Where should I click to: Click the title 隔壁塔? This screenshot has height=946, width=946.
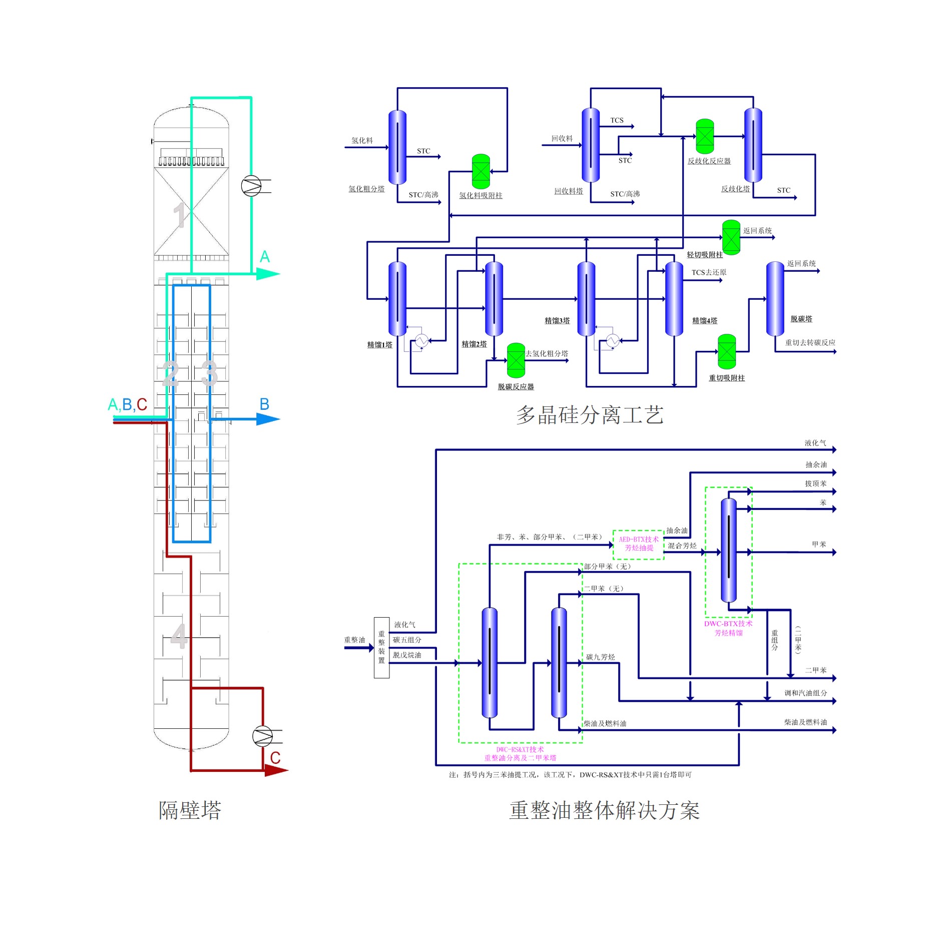190,810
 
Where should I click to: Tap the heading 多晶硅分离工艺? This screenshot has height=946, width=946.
590,415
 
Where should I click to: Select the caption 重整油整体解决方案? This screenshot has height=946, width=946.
604,810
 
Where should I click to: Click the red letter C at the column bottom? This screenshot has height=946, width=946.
275,758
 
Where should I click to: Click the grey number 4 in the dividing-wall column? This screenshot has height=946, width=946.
179,636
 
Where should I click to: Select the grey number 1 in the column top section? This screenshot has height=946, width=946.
179,216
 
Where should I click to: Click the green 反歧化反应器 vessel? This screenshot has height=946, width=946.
705,136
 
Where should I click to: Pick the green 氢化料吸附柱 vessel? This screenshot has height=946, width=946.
481,172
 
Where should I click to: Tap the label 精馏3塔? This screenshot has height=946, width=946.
557,321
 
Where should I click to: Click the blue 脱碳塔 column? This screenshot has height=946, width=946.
775,299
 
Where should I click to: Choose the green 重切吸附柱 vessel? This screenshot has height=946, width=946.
727,352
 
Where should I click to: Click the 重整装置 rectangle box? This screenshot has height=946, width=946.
381,647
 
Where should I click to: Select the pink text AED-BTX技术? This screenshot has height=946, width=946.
639,539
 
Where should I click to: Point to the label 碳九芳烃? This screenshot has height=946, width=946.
601,657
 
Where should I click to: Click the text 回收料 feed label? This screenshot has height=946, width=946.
562,139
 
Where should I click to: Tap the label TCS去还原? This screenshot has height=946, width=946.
709,272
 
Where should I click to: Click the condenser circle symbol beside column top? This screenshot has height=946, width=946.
251,186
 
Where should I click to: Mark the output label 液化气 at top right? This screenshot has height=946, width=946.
815,443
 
